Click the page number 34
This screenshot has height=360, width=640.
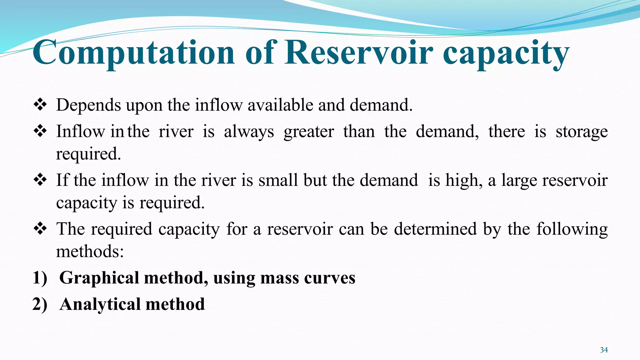pyautogui.click(x=604, y=350)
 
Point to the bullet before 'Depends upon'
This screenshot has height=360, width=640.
pyautogui.click(x=40, y=105)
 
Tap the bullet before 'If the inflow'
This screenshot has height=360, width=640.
pyautogui.click(x=40, y=180)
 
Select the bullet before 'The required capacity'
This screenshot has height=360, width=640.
pyautogui.click(x=40, y=229)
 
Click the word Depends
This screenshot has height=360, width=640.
pyautogui.click(x=88, y=105)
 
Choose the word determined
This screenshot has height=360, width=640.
pyautogui.click(x=435, y=229)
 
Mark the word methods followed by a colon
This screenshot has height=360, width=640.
pyautogui.click(x=90, y=251)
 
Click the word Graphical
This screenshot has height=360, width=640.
pyautogui.click(x=99, y=278)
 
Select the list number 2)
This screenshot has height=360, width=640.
pyautogui.click(x=40, y=304)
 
